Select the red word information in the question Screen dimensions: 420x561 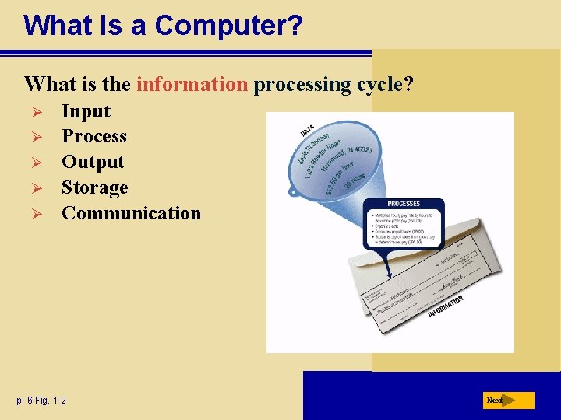point(192,84)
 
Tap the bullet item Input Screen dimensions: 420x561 point(86,111)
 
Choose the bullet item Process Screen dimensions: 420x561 point(93,136)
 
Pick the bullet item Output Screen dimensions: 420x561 point(93,162)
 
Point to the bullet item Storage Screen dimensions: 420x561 point(94,187)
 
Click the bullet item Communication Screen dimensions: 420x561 point(131,213)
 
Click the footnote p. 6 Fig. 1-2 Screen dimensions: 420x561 point(41,401)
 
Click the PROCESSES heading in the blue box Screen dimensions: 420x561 point(404,203)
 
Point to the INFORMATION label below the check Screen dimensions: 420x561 point(445,306)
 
